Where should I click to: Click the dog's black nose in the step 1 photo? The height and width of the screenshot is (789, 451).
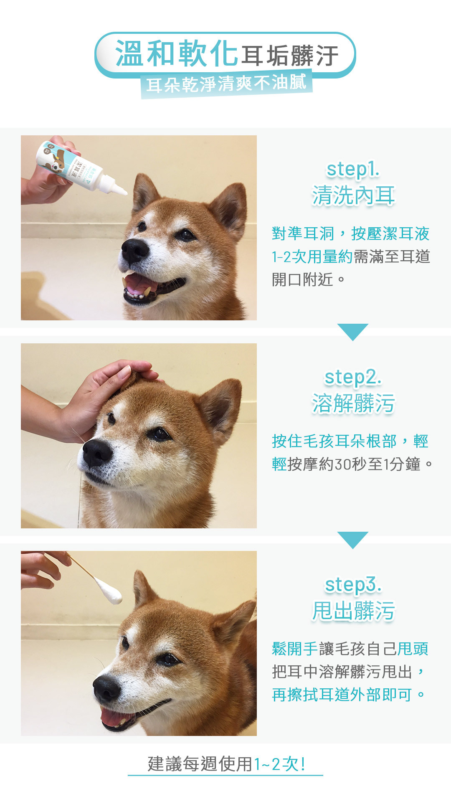tap(134, 250)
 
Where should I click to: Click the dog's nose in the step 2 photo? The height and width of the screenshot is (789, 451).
tap(97, 452)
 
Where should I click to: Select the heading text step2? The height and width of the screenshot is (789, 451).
tap(353, 378)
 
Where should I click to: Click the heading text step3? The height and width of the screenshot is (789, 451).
tap(353, 585)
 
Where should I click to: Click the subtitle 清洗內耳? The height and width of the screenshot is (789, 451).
tap(353, 196)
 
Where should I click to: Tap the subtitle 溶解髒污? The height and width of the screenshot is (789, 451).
tap(353, 403)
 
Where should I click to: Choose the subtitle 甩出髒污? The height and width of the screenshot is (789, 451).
tap(353, 611)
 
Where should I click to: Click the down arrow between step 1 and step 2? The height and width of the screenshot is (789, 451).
tap(353, 332)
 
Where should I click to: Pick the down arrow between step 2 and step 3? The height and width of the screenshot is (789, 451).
tap(353, 540)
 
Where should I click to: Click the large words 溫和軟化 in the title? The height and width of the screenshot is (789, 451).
tap(177, 54)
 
